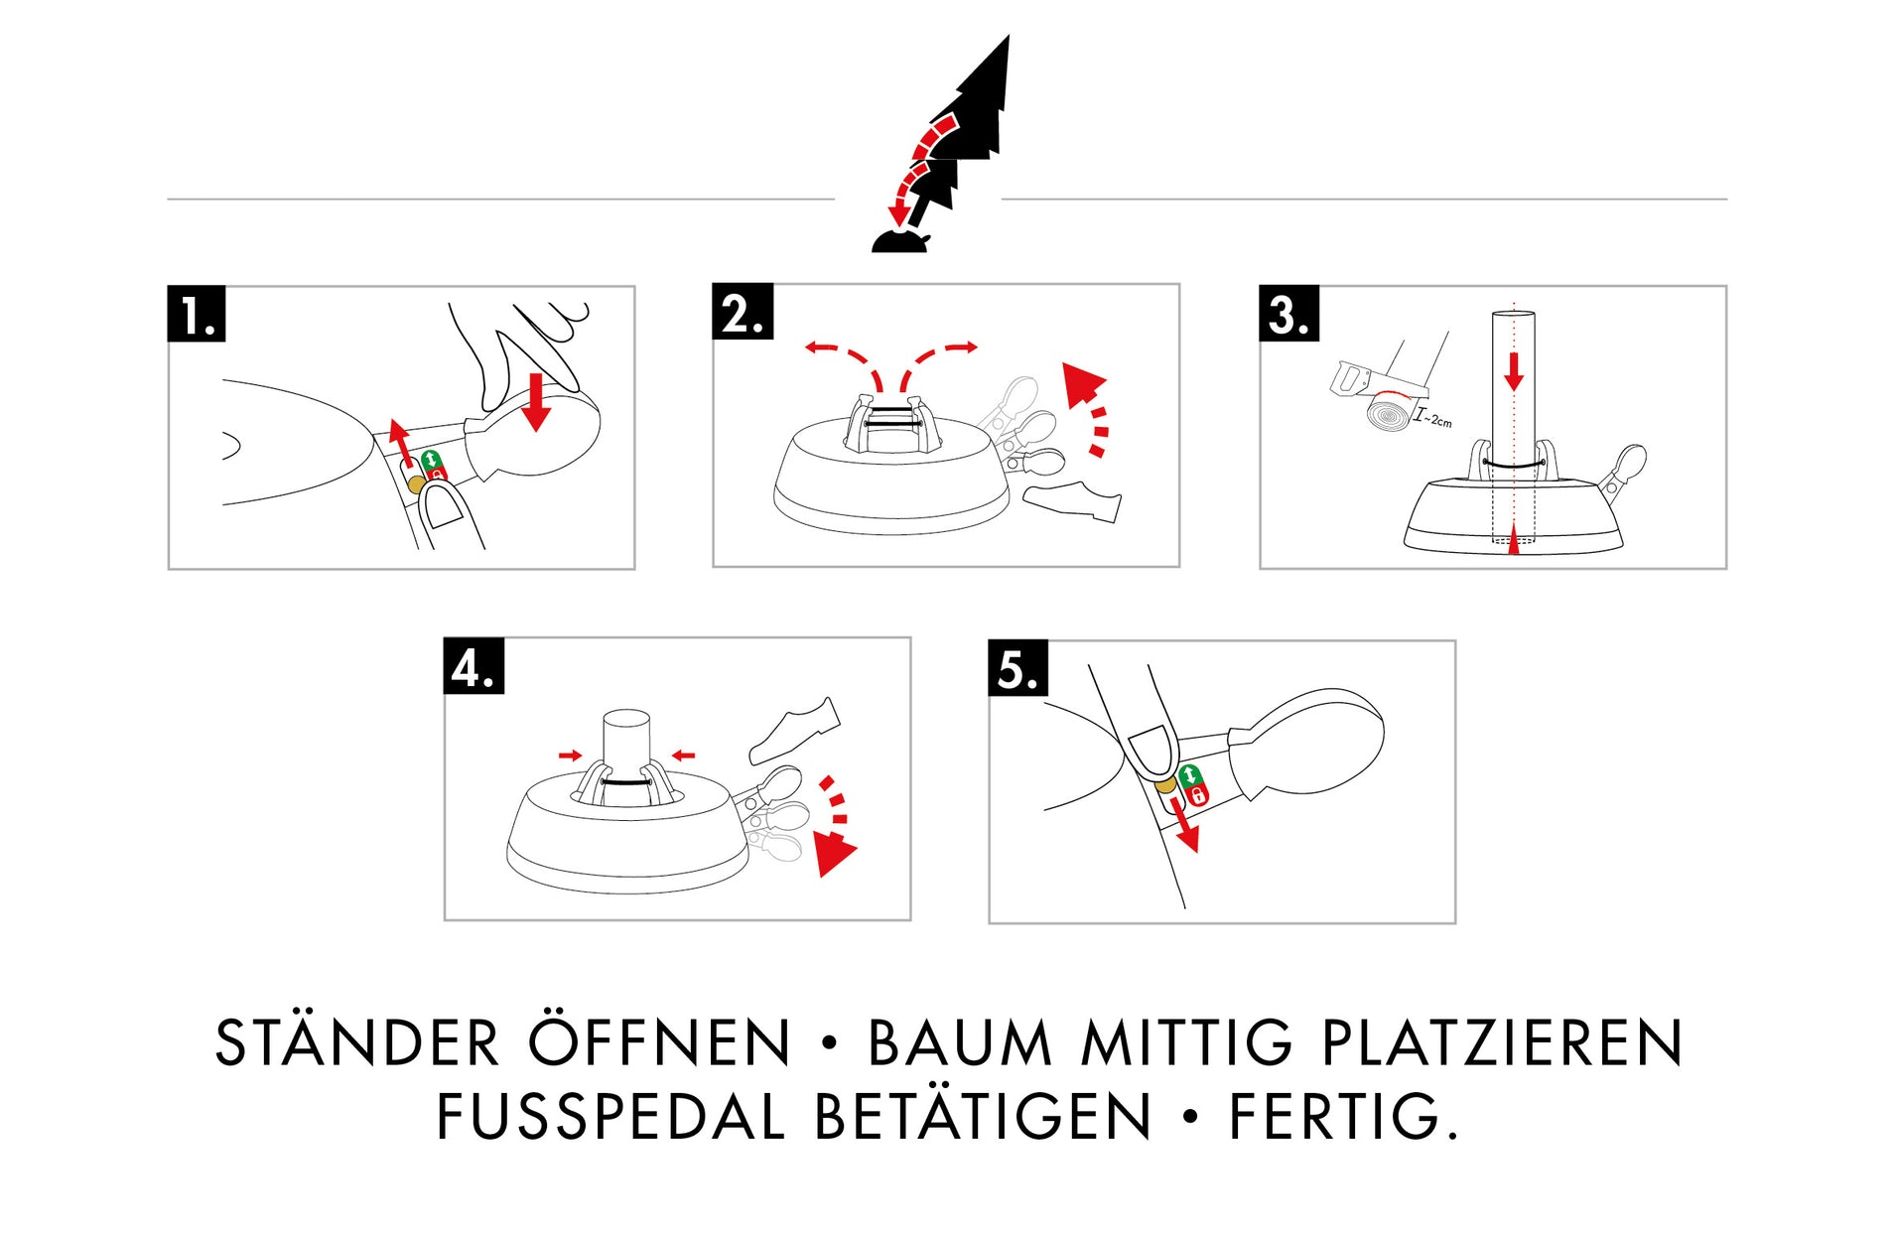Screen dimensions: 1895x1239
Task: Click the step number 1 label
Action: [197, 314]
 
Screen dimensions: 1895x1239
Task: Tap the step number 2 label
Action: [743, 311]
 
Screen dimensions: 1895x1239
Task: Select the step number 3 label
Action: [1288, 314]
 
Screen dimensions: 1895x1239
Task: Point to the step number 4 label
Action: [474, 665]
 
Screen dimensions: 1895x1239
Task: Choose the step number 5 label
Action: [1018, 668]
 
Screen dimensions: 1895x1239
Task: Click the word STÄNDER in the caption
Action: [357, 1042]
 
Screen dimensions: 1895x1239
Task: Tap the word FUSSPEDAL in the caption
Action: [610, 1117]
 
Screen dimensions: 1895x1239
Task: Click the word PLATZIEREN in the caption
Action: [1502, 1043]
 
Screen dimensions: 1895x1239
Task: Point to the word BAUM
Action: [960, 1043]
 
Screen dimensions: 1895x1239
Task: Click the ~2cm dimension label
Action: [1433, 418]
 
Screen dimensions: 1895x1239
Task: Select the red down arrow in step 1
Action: [536, 402]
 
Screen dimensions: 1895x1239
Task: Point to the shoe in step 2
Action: [1072, 501]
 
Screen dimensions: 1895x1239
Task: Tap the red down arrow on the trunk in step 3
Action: [1514, 370]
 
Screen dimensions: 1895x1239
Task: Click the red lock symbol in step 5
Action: [1197, 794]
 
